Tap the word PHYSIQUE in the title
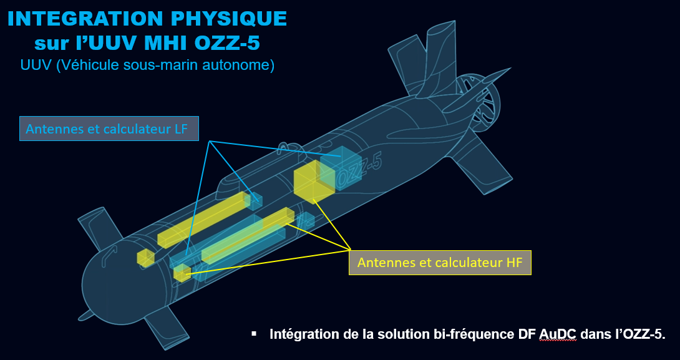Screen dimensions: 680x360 pos(230,19)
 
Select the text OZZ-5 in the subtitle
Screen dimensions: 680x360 pos(229,43)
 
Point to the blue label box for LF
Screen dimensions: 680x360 pos(109,129)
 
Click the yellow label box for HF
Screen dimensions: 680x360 pos(440,263)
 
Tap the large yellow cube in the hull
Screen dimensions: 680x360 pos(314,182)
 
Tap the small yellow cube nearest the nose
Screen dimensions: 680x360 pos(146,258)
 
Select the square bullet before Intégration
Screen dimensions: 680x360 pos(254,334)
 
